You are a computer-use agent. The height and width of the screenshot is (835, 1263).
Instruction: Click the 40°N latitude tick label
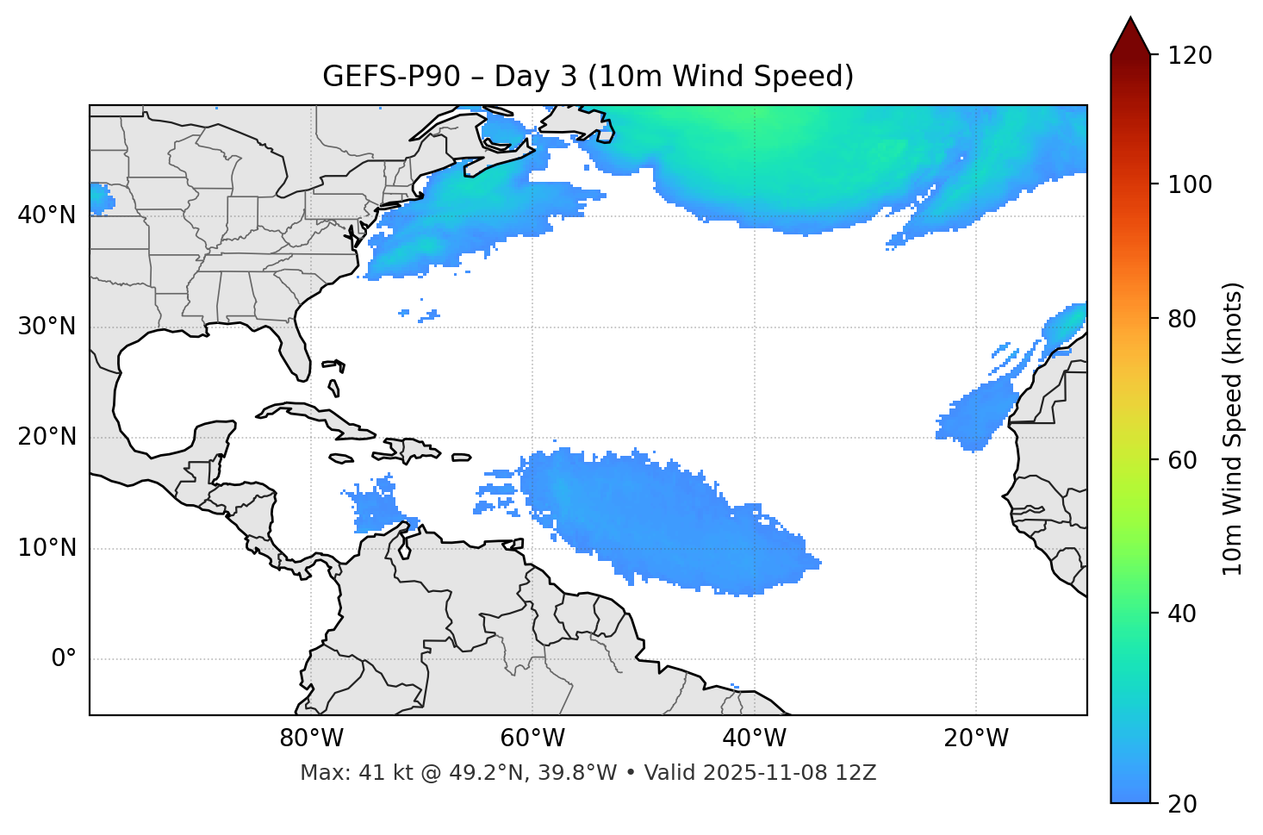tap(47, 215)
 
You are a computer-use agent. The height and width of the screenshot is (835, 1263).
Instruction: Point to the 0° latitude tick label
tap(64, 659)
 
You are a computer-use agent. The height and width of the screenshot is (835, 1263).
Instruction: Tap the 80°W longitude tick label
tap(311, 738)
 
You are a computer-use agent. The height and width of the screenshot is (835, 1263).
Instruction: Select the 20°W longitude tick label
tap(976, 738)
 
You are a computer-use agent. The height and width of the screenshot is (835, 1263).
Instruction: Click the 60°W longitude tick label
tap(532, 738)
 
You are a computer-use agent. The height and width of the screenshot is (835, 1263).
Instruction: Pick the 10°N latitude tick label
tap(47, 548)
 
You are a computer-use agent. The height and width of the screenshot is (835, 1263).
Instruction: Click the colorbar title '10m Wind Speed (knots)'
tap(1233, 429)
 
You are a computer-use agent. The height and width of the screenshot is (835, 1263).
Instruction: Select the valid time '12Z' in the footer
tap(856, 773)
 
